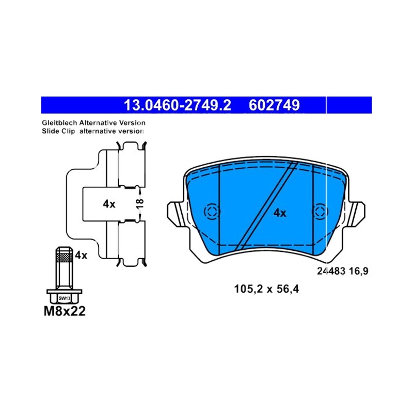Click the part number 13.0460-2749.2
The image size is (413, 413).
pyautogui.click(x=177, y=105)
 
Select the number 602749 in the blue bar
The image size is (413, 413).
pyautogui.click(x=274, y=105)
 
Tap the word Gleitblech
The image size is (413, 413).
pyautogui.click(x=59, y=123)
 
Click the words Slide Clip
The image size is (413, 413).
pyautogui.click(x=58, y=131)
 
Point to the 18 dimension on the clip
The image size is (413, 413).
pyautogui.click(x=140, y=203)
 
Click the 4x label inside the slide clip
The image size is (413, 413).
pyautogui.click(x=109, y=204)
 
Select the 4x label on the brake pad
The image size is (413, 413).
pyautogui.click(x=280, y=213)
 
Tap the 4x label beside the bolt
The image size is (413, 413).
pyautogui.click(x=81, y=255)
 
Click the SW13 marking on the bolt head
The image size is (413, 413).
pyautogui.click(x=64, y=298)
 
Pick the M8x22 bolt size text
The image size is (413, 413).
pyautogui.click(x=65, y=311)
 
